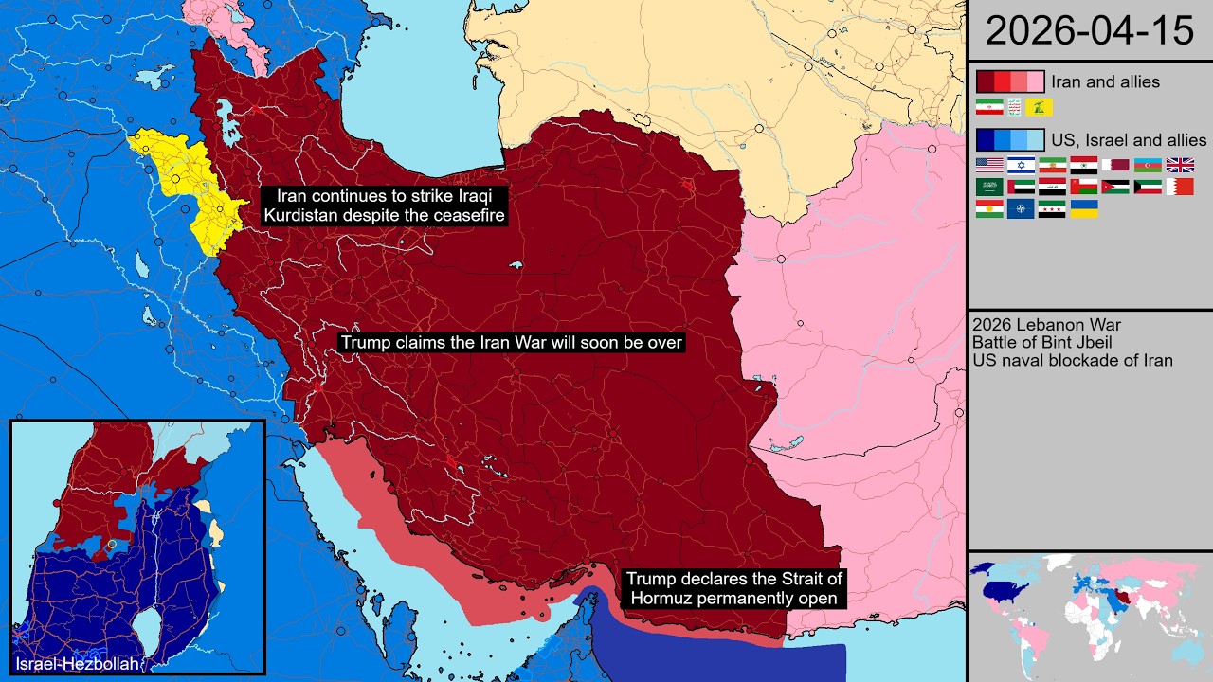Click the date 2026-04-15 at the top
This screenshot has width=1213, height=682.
(1089, 30)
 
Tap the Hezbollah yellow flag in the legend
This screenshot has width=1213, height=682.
(1039, 107)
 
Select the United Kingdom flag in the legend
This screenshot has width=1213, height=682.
(1180, 165)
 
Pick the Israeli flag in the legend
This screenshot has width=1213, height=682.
(1021, 165)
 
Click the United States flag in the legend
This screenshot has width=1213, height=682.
(989, 165)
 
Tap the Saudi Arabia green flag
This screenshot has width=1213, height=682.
(989, 187)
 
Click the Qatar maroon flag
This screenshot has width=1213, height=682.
(1116, 165)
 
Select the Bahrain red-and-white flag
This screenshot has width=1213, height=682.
(1180, 187)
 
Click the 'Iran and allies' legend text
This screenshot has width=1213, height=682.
(1105, 81)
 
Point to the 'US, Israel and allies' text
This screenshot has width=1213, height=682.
(1129, 140)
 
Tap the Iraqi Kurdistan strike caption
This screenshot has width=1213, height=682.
(385, 206)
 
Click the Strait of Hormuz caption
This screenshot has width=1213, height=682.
(732, 588)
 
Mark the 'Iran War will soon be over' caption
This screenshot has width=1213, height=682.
(511, 342)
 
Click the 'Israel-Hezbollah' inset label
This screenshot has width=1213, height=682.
(77, 665)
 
